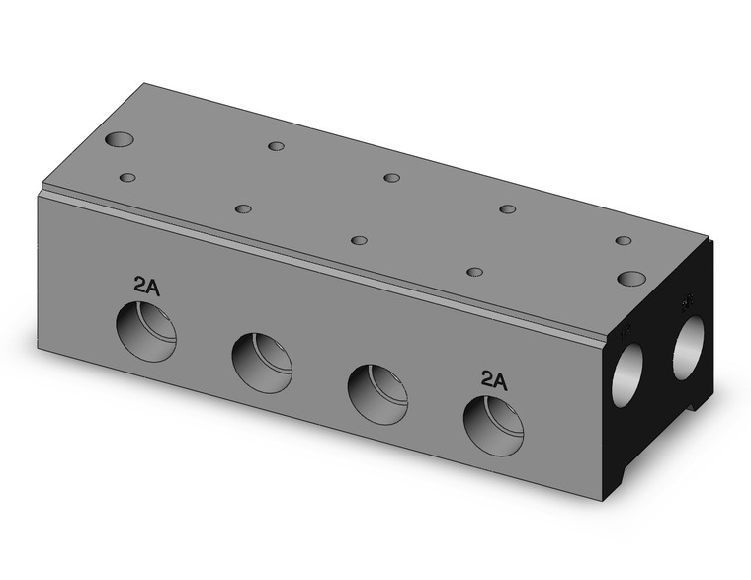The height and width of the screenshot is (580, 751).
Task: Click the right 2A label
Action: (493, 379)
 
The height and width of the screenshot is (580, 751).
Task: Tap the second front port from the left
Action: (262, 363)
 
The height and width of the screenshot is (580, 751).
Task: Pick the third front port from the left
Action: (378, 393)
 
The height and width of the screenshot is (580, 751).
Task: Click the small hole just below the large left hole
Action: (126, 178)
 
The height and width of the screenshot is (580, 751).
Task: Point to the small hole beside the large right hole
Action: (623, 240)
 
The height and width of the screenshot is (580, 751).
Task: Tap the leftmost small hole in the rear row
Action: (276, 146)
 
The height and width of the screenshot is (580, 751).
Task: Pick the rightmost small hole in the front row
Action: (474, 272)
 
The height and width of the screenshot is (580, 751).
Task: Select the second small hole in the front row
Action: (243, 208)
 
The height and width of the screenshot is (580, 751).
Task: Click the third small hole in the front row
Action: (359, 240)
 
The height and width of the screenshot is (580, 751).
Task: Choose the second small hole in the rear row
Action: (391, 178)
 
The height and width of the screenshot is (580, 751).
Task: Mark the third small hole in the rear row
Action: (507, 208)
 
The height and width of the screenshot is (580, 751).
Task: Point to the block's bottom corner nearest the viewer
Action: (604, 499)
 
